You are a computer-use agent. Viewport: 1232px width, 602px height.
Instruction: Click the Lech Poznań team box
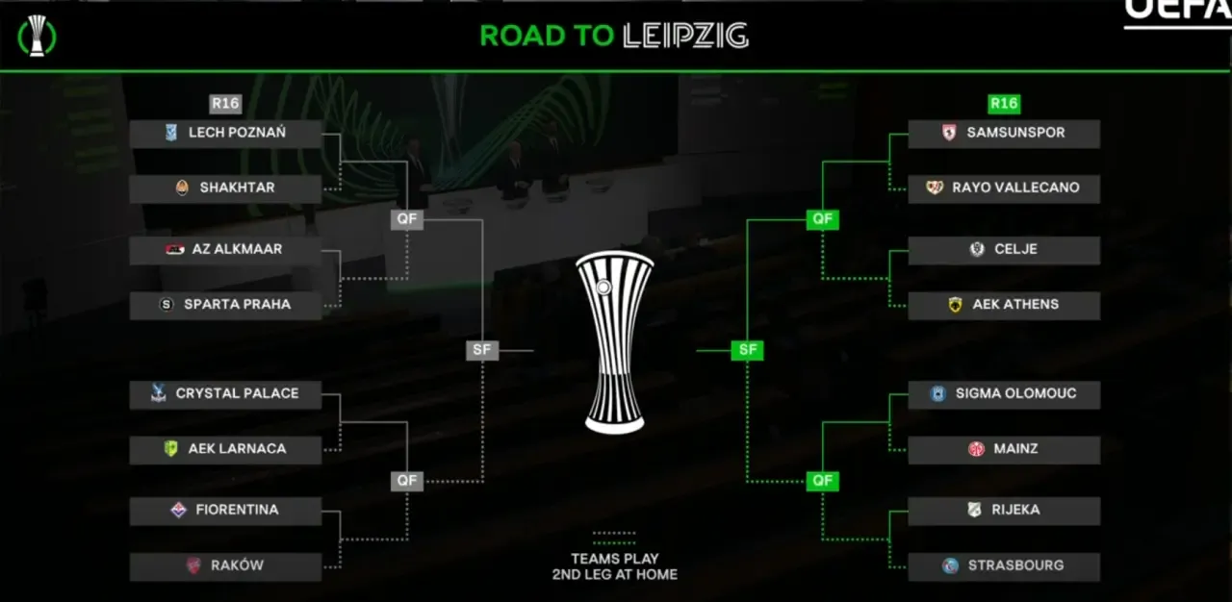(225, 133)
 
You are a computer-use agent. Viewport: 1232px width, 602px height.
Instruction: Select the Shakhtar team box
(225, 188)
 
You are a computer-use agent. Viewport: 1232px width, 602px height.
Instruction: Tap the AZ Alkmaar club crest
(173, 250)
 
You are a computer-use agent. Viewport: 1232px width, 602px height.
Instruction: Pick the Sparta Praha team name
(237, 305)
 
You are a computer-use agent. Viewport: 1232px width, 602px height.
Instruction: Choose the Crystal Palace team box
(225, 394)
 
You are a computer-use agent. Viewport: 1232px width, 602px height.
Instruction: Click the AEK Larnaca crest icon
(170, 449)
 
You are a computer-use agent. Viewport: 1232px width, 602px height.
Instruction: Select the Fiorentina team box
(225, 511)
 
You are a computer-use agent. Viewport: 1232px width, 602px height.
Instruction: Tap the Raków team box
(225, 566)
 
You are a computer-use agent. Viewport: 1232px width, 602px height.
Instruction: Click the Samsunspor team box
(1004, 133)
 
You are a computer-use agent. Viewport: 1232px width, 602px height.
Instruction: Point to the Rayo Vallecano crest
(935, 188)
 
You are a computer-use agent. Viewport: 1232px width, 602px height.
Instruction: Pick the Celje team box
(1004, 250)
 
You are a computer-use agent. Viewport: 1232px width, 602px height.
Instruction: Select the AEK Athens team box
(1004, 305)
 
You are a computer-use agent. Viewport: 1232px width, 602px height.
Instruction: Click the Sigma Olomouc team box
(1004, 394)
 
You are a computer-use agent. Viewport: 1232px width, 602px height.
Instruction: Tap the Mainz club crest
(976, 449)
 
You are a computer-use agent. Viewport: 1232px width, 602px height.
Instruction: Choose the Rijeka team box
(1004, 511)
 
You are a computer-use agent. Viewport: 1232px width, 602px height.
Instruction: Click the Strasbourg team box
(1004, 566)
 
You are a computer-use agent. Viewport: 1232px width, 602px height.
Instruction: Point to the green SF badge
(747, 351)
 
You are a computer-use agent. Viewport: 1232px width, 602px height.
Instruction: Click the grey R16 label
(225, 104)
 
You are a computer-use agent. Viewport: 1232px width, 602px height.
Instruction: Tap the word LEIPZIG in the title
(685, 37)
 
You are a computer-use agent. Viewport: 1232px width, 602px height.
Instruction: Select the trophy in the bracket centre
(615, 342)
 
